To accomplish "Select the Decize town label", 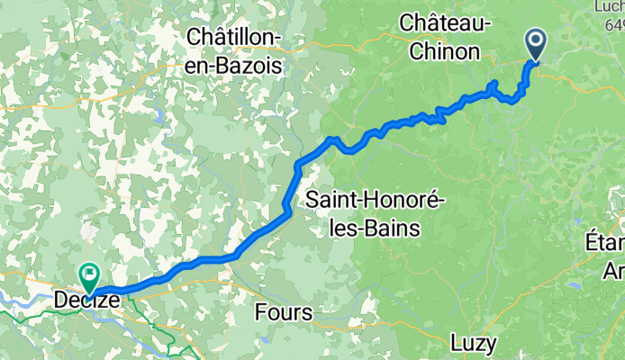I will [x=86, y=299].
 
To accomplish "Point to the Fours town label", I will [x=283, y=313].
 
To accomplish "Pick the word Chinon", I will [x=446, y=51].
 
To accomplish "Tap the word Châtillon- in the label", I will [x=233, y=37].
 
